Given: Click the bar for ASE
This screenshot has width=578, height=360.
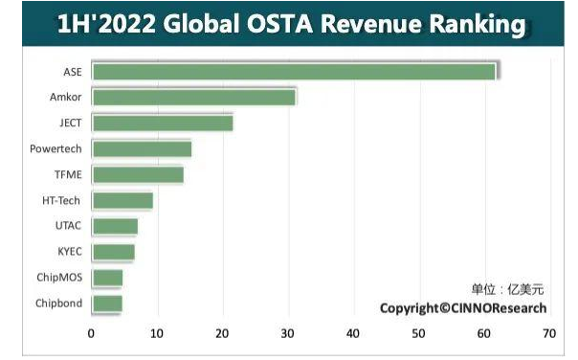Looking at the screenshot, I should point(295,72).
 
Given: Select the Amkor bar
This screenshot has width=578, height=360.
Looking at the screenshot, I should point(194,97).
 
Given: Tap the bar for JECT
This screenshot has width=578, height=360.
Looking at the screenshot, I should point(162,123).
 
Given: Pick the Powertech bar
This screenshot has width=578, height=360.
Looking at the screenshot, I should point(142,148).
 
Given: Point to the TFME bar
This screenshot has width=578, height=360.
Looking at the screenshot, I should point(138,174).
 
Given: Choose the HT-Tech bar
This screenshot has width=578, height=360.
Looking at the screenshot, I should point(122,200).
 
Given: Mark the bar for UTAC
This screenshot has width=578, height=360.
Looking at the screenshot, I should point(115,226).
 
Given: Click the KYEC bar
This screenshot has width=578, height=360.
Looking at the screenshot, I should point(113,252).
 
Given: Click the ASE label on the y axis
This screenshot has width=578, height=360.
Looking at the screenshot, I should point(73,72).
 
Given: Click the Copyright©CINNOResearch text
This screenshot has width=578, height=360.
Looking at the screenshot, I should point(463,308).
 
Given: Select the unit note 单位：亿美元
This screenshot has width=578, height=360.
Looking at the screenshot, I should point(506,289).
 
